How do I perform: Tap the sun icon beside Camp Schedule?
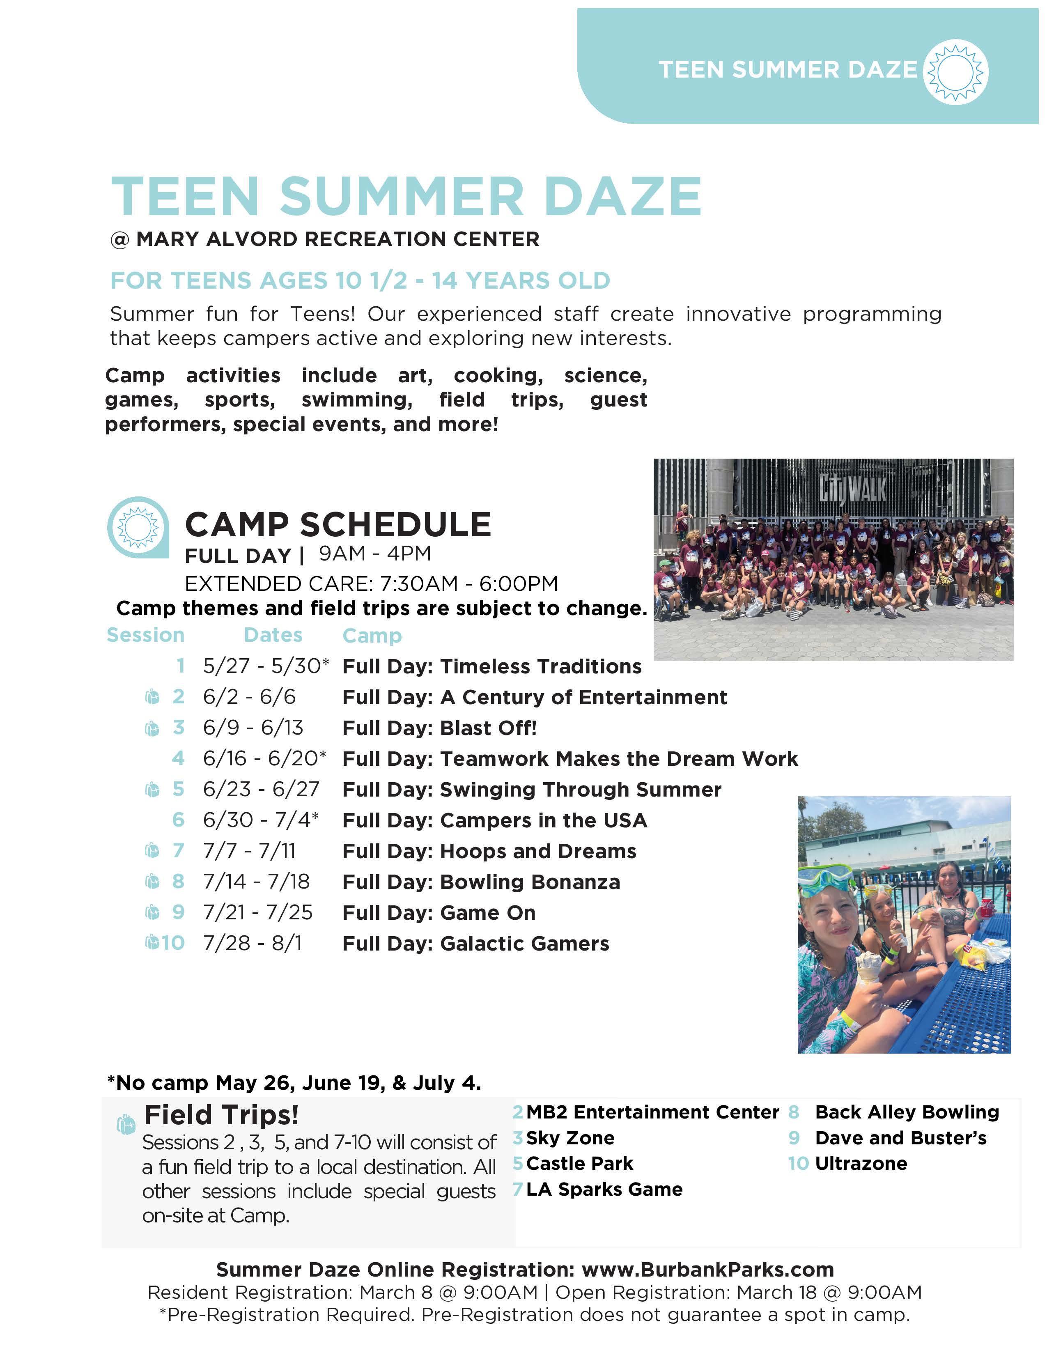coord(138,527)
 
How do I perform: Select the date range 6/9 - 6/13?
coord(253,727)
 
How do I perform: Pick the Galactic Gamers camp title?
coord(524,943)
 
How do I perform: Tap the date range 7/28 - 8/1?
coord(253,943)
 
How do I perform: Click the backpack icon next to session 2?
coord(152,697)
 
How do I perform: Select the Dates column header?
coord(273,635)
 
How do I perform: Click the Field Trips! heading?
coord(221,1115)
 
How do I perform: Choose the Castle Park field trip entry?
coord(579,1163)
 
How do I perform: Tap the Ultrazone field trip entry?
coord(861,1163)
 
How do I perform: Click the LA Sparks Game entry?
coord(604,1190)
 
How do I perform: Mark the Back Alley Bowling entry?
coord(907,1112)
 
